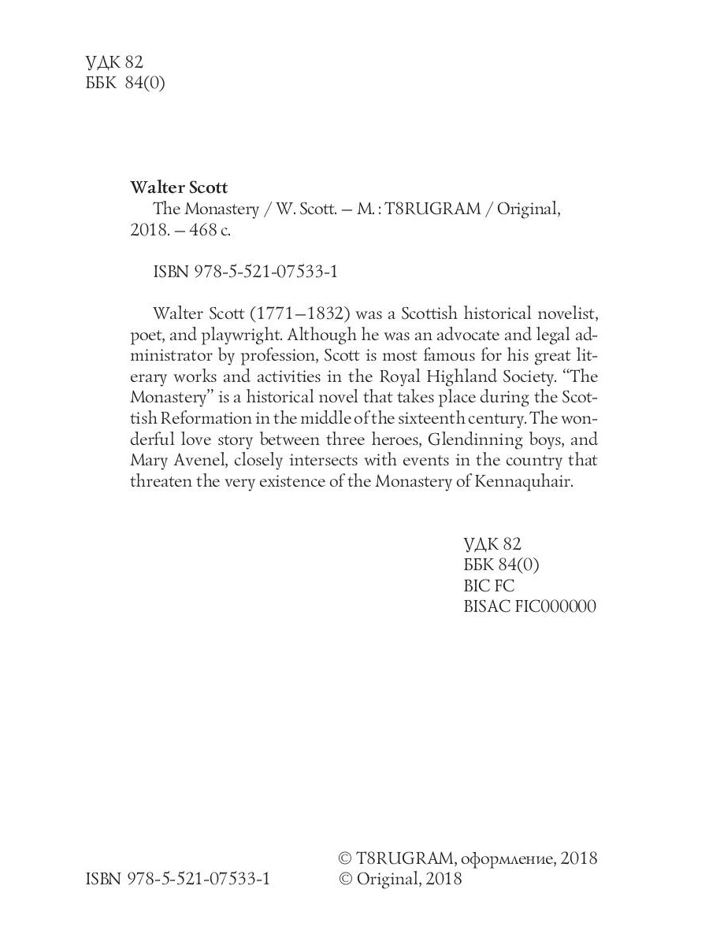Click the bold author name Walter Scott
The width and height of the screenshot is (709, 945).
tap(178, 187)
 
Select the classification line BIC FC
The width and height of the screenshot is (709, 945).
tap(491, 586)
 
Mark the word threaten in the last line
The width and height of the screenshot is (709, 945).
tap(161, 481)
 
